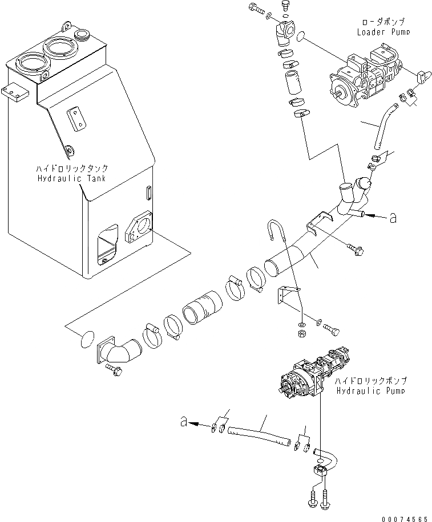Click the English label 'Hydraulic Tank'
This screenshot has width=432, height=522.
pos(72,178)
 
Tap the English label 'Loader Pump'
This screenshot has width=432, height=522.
pos(383,32)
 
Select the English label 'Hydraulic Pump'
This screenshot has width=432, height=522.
pos(370,390)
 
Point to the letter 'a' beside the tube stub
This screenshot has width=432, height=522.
pos(392,217)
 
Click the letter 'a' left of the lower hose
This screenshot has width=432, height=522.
pos(183,422)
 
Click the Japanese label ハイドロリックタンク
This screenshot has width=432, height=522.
pos(71,169)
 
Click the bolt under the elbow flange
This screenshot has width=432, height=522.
pos(113,371)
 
